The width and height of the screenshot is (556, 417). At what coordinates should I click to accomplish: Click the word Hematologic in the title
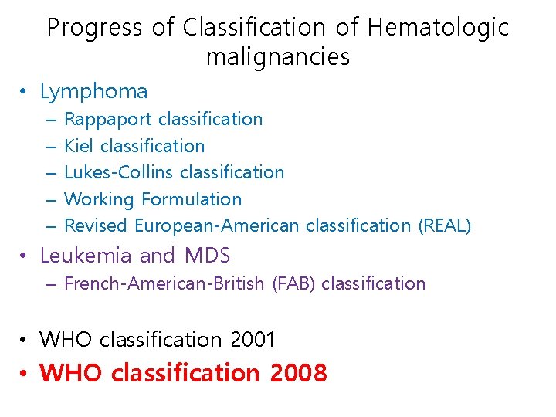(x=438, y=28)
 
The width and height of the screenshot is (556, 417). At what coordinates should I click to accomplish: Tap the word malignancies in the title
(x=278, y=57)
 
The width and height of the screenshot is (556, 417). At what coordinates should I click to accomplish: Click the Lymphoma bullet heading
(x=93, y=92)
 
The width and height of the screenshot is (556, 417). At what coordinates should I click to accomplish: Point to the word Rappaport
(x=108, y=120)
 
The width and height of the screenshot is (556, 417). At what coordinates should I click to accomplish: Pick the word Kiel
(x=80, y=146)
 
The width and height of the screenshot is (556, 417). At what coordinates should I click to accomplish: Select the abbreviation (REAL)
(x=444, y=225)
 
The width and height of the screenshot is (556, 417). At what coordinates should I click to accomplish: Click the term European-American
(x=218, y=225)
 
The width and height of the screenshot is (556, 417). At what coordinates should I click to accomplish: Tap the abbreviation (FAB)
(x=294, y=283)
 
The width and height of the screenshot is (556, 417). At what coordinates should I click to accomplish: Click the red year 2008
(x=299, y=374)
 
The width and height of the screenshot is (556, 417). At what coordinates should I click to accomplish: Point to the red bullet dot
(x=25, y=375)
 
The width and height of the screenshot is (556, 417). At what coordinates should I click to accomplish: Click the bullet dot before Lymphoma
(x=25, y=93)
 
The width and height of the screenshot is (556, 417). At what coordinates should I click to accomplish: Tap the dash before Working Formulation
(x=50, y=200)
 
